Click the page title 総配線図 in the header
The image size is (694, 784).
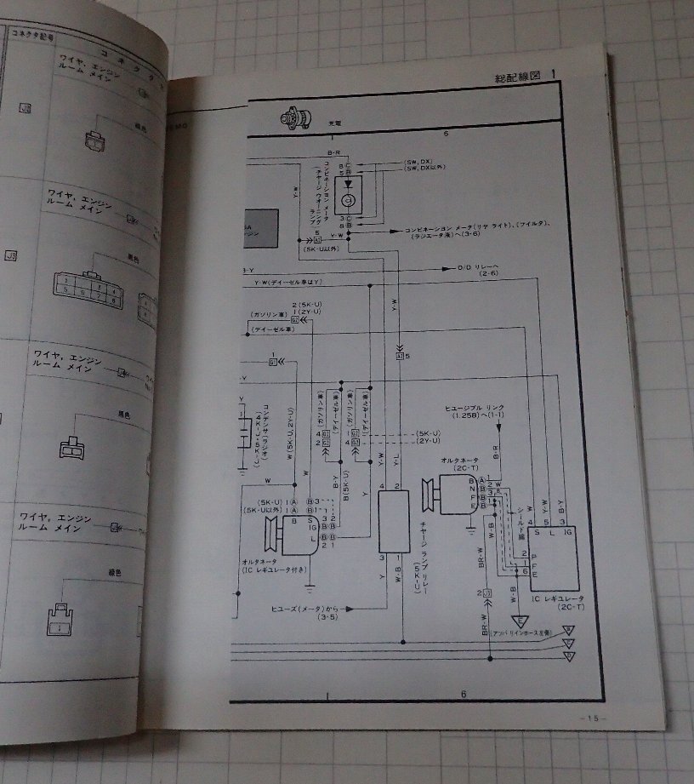click(516, 77)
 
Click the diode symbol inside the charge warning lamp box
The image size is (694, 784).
click(348, 183)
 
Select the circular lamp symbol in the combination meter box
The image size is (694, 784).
click(348, 201)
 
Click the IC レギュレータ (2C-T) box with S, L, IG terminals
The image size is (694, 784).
click(553, 551)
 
